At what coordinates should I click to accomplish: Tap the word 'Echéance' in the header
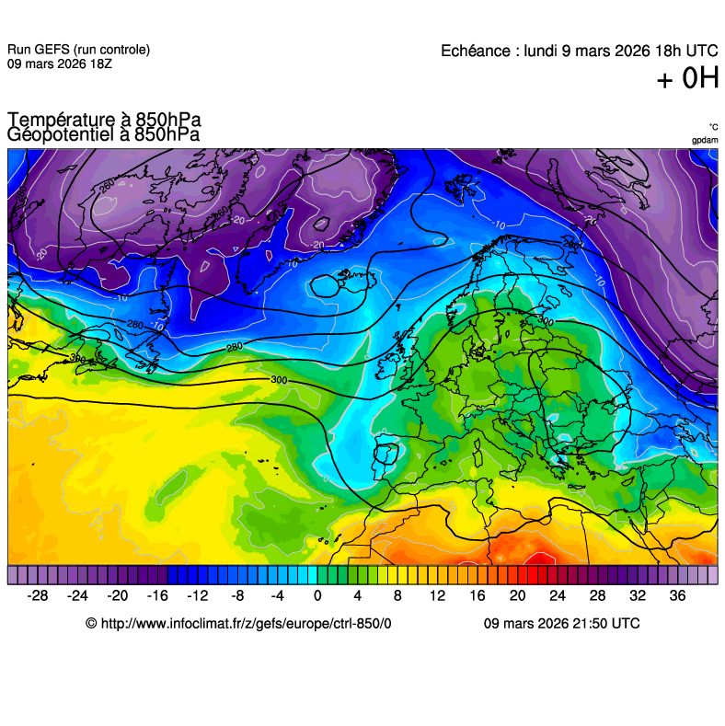[477, 51]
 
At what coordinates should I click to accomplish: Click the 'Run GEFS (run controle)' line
[78, 50]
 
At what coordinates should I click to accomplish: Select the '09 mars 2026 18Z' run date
[61, 64]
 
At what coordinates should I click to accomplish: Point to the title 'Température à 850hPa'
[104, 120]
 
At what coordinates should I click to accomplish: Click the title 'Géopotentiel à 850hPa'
[104, 134]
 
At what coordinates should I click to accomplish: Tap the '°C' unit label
[713, 127]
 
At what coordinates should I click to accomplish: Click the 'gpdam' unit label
[705, 140]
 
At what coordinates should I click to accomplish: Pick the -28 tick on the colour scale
[38, 595]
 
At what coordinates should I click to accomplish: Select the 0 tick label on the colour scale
[317, 595]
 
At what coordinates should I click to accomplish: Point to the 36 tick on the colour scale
[677, 595]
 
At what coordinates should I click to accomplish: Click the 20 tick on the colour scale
[517, 595]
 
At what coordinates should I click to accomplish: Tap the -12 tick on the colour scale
[197, 595]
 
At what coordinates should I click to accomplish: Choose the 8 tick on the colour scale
[397, 595]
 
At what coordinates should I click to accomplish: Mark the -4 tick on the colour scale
[277, 595]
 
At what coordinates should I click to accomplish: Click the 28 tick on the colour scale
[597, 595]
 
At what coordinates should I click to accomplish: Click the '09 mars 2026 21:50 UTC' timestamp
[561, 623]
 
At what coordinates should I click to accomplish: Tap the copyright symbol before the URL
[91, 623]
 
